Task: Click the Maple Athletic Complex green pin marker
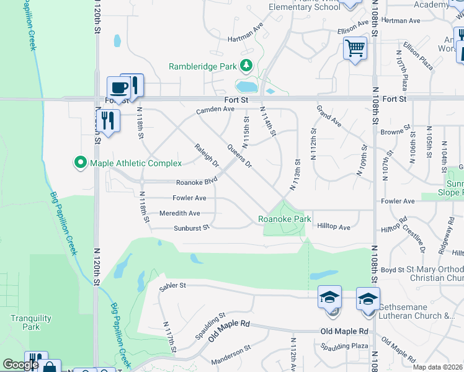click(x=80, y=163)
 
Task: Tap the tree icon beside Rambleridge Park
click(x=246, y=66)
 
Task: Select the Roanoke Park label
click(x=285, y=219)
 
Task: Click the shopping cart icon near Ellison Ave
click(x=355, y=48)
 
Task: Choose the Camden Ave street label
click(x=215, y=110)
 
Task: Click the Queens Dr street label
click(x=239, y=156)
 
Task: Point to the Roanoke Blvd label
click(x=197, y=183)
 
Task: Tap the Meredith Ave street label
click(x=180, y=213)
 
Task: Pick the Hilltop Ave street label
click(x=334, y=228)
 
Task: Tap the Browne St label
click(x=393, y=132)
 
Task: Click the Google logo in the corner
click(x=20, y=365)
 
